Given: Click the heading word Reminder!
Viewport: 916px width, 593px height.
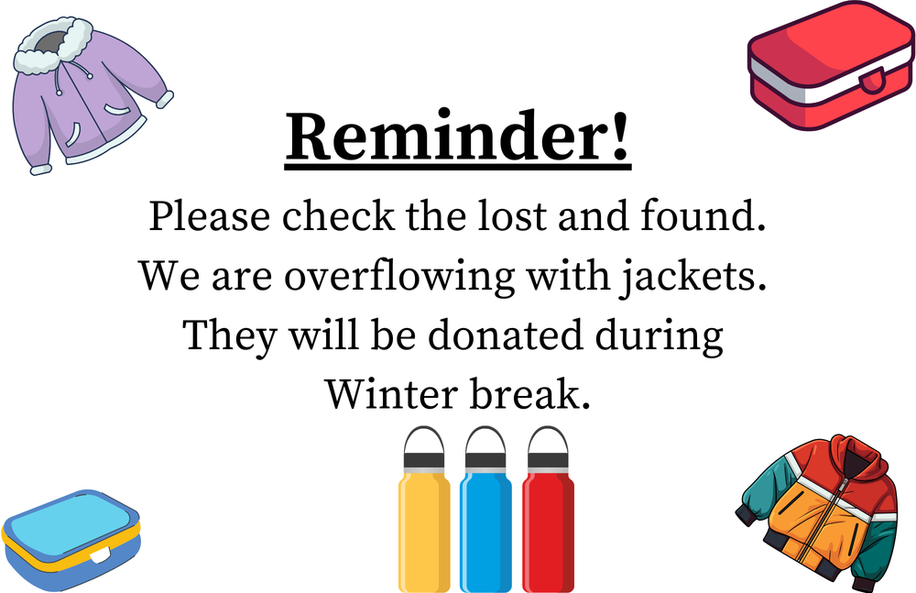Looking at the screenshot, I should pyautogui.click(x=458, y=138).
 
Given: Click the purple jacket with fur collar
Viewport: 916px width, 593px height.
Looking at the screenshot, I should pyautogui.click(x=87, y=101).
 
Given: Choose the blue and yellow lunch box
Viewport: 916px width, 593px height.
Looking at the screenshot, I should pyautogui.click(x=71, y=541).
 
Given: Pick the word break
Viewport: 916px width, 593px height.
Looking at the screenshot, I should pyautogui.click(x=531, y=394).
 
